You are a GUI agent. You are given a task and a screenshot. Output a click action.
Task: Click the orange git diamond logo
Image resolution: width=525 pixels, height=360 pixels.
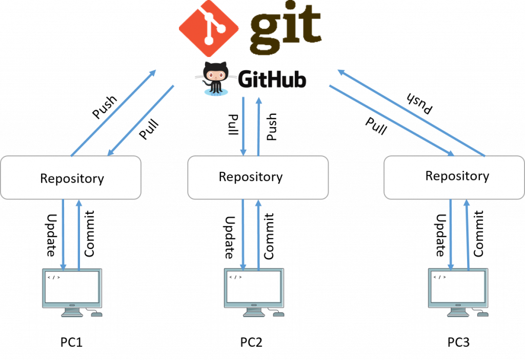208,28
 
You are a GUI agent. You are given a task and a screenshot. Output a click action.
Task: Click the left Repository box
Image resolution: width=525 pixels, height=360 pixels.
71,178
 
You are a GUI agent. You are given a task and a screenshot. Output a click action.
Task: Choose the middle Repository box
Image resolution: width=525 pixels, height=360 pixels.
258,177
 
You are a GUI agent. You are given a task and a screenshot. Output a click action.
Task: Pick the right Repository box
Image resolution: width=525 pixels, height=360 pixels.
454,177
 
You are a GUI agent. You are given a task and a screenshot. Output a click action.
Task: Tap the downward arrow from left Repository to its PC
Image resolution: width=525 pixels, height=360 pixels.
63,233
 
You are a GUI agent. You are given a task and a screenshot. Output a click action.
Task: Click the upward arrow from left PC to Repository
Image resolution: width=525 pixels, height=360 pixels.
78,233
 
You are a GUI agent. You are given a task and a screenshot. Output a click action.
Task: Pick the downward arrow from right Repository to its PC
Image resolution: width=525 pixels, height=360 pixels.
451,233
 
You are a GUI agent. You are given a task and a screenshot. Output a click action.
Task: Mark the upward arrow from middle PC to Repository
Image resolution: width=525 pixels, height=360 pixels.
258,233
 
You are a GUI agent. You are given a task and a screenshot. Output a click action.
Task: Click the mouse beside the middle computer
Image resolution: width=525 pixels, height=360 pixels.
278,314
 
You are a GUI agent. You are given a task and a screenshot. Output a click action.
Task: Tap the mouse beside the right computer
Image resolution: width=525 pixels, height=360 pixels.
482,313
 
